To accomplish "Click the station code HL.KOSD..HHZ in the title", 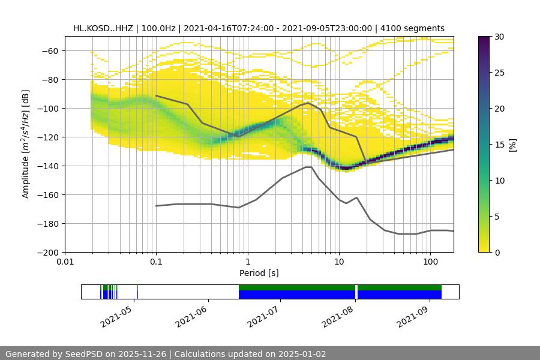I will [x=103, y=28].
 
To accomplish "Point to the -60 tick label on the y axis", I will [x=49, y=50].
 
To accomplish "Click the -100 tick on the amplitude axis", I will [x=47, y=108].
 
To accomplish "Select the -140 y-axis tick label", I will [x=47, y=166].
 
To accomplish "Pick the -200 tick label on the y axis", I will [x=47, y=252].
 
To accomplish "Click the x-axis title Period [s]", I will [x=259, y=273].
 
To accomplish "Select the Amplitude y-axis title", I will [x=26, y=144].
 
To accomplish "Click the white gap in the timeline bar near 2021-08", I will [x=356, y=292].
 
